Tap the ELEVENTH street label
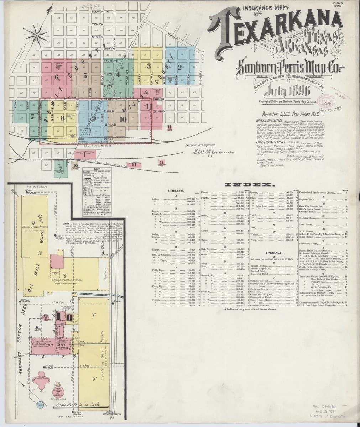pyautogui.click(x=98, y=12)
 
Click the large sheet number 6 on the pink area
pyautogui.click(x=56, y=77)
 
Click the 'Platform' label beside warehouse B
pyautogui.click(x=105, y=274)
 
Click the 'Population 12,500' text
pyautogui.click(x=279, y=115)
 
